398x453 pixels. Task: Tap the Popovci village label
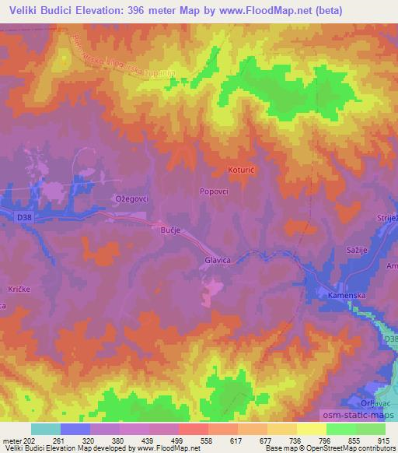click(215, 189)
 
